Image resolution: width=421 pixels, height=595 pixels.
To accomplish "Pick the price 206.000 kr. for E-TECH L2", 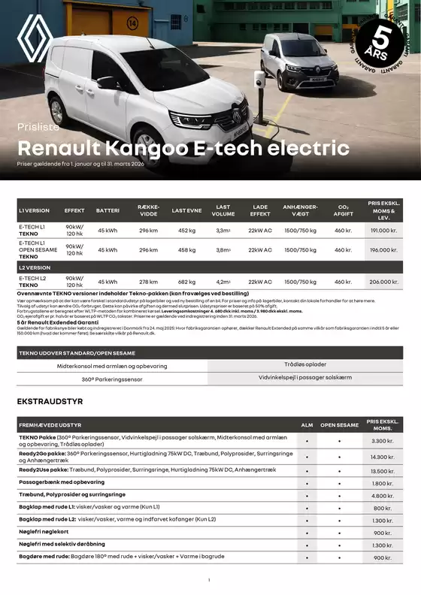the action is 383,282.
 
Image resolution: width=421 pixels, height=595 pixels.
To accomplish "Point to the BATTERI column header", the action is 108,210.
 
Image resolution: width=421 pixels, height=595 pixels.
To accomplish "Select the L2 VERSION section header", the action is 35,267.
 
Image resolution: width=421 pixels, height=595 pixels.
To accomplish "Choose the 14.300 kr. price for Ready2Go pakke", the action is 383,457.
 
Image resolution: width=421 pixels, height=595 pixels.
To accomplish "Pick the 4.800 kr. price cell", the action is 383,496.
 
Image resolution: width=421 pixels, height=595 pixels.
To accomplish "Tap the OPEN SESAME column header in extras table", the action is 339,425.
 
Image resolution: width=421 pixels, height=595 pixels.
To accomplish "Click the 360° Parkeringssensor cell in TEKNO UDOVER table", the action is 112,379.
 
